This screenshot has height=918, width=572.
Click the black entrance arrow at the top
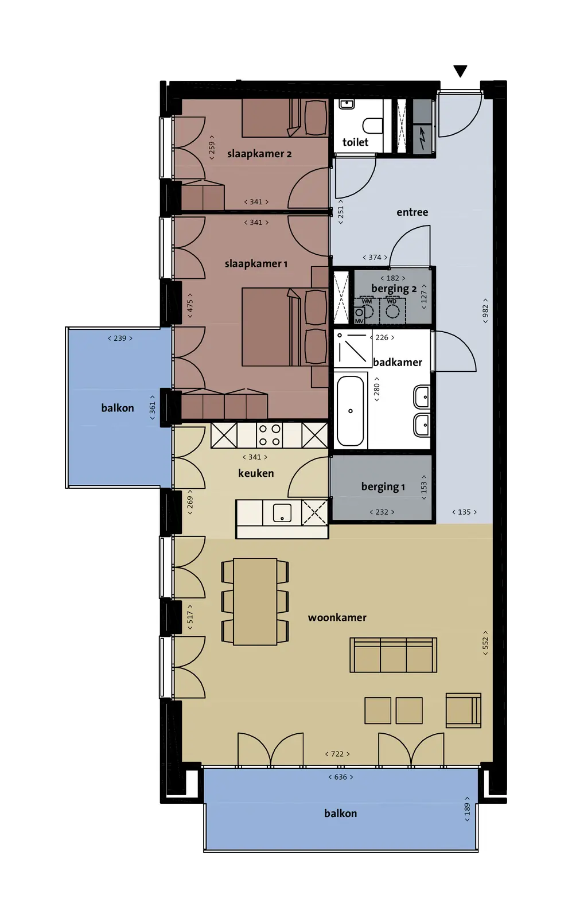point(460,71)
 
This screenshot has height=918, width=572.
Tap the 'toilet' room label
point(355,142)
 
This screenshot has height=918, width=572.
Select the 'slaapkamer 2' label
point(259,154)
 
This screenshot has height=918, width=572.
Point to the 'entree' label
point(412,212)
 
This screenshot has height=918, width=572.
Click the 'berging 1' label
point(383,487)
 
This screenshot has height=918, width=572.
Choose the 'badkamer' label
point(398,362)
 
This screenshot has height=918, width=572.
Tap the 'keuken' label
point(256,473)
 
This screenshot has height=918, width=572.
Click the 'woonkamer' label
point(337,617)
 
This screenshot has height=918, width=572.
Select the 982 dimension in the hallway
point(485,311)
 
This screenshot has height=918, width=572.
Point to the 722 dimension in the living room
point(337,754)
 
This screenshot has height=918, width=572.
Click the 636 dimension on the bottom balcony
point(340,777)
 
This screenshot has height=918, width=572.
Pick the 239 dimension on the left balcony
point(120,339)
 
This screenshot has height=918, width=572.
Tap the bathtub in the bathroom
point(351,411)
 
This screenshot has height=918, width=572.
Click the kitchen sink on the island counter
point(282,513)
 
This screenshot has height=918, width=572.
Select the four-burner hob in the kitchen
point(270,435)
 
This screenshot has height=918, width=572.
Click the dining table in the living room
point(255,602)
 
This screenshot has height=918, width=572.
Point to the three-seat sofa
point(394,655)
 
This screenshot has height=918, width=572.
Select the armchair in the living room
point(464,711)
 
